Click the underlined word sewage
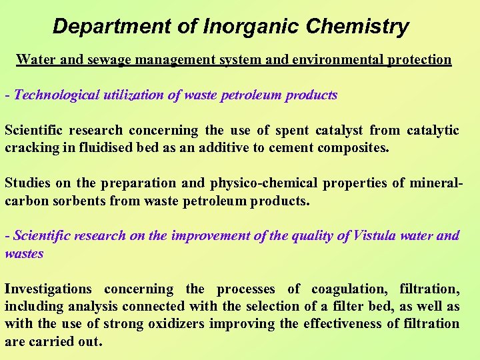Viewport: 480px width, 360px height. pos(109,59)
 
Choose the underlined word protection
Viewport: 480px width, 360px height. pos(419,59)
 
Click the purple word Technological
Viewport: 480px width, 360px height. pos(55,95)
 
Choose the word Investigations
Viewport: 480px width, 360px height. pos(48,289)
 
